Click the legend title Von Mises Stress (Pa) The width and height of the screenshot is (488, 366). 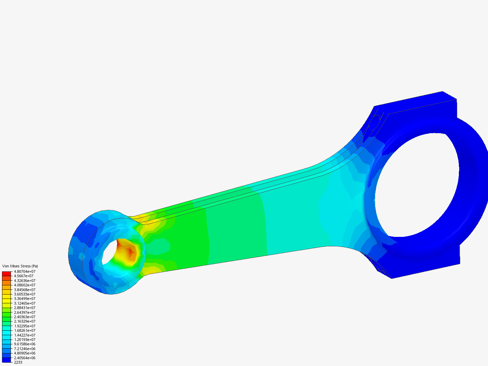tap(20, 266)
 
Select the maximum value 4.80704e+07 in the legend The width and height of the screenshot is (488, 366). tap(24, 271)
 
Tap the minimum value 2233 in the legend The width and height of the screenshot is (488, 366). tap(18, 362)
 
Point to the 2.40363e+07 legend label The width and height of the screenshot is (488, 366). tap(24, 317)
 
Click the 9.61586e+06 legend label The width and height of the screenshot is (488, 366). tap(24, 344)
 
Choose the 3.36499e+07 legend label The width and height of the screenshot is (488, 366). tap(24, 299)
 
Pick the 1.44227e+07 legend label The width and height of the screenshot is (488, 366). tap(24, 335)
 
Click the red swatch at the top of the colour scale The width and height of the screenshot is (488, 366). tap(6, 273)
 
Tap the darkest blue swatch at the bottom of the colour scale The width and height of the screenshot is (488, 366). tap(6, 360)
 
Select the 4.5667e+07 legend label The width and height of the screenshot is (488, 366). tap(24, 276)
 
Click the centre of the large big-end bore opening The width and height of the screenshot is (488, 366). tap(417, 185)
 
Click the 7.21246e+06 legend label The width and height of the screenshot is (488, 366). tap(24, 348)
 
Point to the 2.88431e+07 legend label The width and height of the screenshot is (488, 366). tap(24, 308)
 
